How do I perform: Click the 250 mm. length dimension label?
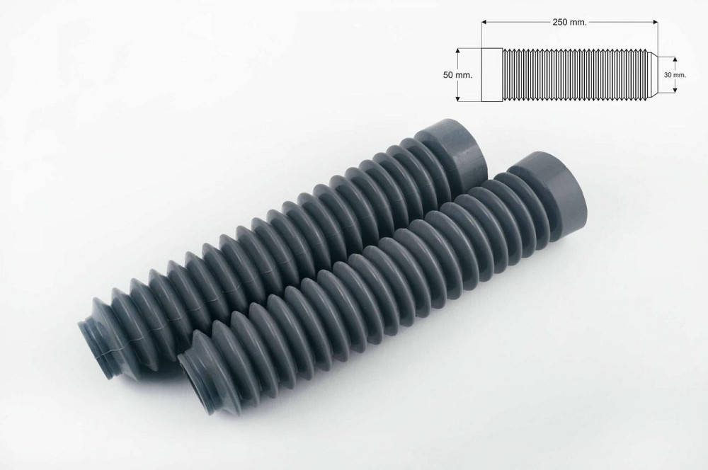[569, 23]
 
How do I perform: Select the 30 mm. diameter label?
[675, 74]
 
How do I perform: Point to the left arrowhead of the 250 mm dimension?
[484, 23]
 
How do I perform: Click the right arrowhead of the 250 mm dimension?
[656, 23]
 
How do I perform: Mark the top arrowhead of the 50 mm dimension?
[459, 50]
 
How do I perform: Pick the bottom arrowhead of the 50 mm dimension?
[459, 98]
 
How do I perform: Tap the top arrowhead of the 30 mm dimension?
[675, 59]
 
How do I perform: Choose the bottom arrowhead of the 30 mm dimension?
[675, 89]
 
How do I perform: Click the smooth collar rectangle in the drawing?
[492, 74]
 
